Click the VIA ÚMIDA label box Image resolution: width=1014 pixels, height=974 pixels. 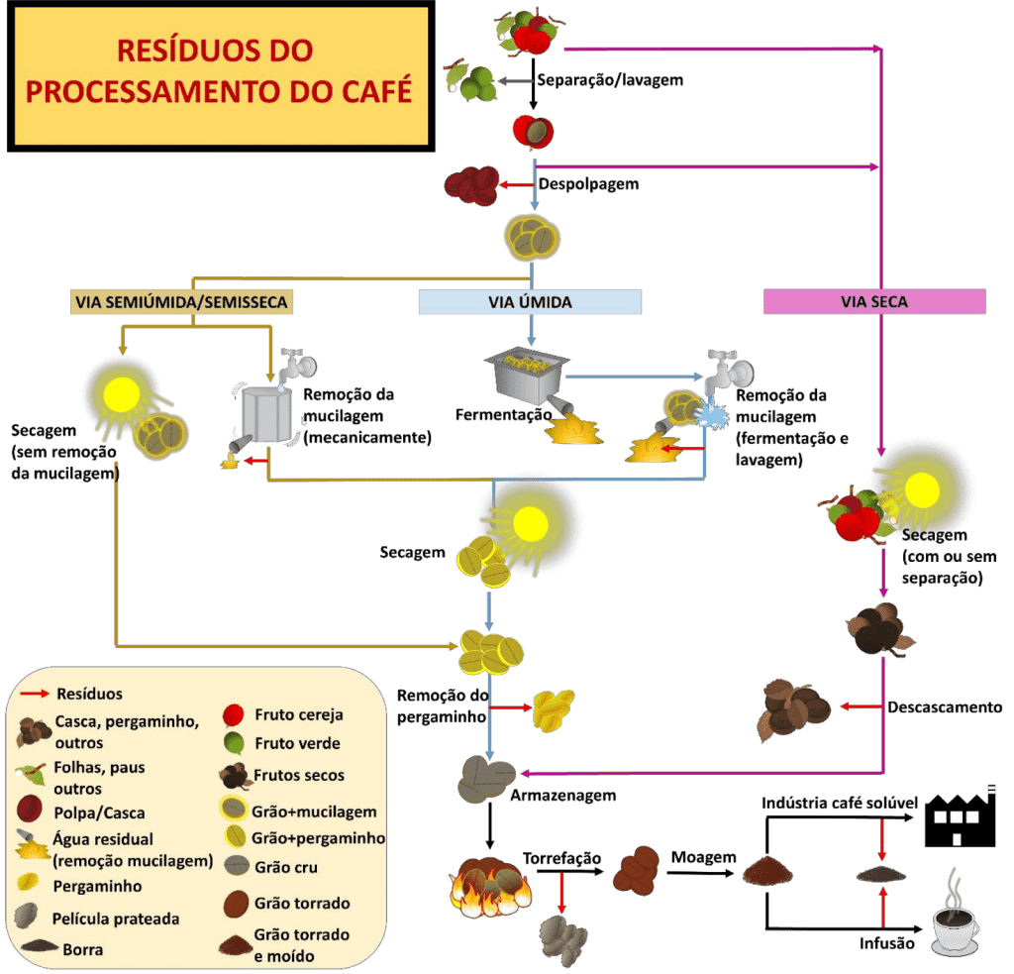coord(531,301)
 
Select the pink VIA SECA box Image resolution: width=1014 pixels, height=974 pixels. coord(873,301)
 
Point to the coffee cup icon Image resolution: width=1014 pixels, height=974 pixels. coord(955,926)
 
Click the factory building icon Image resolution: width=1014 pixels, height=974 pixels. coord(960,819)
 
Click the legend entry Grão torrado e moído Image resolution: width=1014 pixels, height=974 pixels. coord(301,945)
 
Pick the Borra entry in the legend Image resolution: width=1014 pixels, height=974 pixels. coord(82,949)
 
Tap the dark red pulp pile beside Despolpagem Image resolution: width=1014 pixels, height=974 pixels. coord(471,185)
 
